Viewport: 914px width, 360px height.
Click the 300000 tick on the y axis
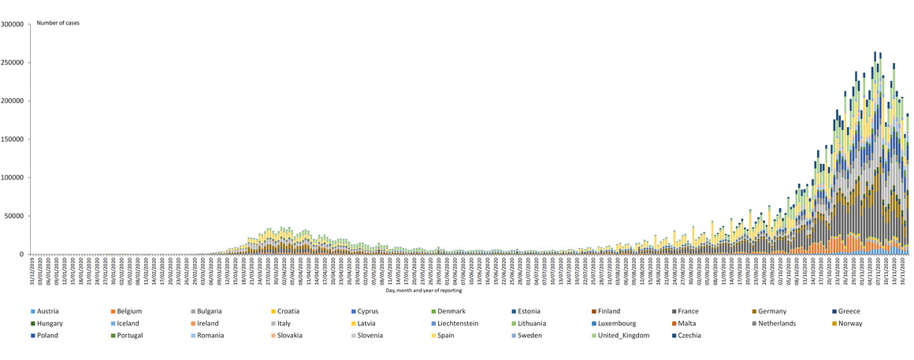pyautogui.click(x=13, y=24)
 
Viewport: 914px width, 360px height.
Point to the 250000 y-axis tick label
pyautogui.click(x=13, y=62)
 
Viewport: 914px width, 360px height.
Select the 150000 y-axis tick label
pyautogui.click(x=13, y=139)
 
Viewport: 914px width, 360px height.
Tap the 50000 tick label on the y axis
pyautogui.click(x=15, y=216)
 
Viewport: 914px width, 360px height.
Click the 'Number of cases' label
pyautogui.click(x=58, y=23)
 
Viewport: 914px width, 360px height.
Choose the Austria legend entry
pyautogui.click(x=49, y=311)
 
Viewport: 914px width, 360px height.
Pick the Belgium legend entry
pyautogui.click(x=130, y=311)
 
